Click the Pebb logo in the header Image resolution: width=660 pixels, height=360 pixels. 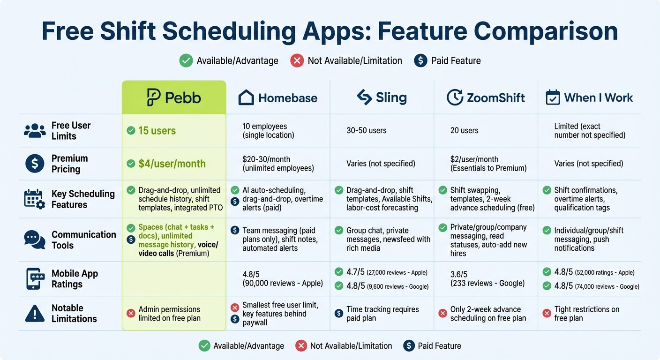point(154,97)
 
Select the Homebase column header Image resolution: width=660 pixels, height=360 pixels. point(278,97)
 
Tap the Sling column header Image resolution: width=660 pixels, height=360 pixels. point(382,97)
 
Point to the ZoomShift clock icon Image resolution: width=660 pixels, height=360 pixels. point(455,97)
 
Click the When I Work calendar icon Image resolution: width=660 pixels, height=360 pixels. point(553,97)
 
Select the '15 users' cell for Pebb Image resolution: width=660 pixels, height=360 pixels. point(157,131)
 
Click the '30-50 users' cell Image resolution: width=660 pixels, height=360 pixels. point(366,131)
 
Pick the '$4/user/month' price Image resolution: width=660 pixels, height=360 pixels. point(172,164)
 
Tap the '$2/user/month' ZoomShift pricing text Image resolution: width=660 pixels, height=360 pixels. point(474,159)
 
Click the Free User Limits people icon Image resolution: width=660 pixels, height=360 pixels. point(35,131)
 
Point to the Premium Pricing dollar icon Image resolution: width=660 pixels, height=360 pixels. point(35,164)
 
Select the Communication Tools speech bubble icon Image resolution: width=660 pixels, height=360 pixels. point(35,240)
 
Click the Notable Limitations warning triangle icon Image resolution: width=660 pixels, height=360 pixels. point(35,313)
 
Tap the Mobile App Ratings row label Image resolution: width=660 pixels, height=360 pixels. point(75,279)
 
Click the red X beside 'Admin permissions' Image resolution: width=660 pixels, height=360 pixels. point(131,314)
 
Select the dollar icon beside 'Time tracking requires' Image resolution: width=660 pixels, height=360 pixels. point(339,314)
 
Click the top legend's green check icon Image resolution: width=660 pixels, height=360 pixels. point(186,60)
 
